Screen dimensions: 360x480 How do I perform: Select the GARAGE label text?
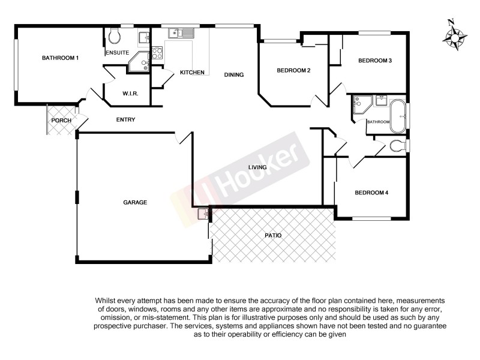135,203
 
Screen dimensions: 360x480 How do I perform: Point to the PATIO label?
273,236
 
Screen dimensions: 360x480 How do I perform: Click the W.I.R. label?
130,94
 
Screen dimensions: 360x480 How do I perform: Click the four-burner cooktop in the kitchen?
157,53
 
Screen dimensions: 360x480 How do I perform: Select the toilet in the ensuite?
115,37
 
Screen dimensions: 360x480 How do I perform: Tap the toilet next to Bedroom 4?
397,145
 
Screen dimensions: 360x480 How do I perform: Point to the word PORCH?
61,121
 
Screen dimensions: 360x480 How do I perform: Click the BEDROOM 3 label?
375,61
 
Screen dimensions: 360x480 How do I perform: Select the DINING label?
234,75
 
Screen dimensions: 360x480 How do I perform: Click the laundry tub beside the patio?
203,214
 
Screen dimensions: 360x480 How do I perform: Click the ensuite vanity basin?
144,38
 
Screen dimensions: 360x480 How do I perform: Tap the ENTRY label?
125,120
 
